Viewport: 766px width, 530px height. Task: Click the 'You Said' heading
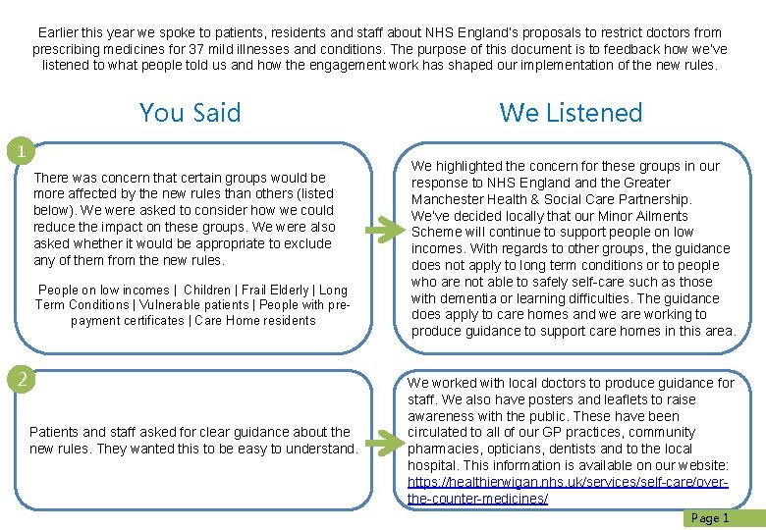pos(190,113)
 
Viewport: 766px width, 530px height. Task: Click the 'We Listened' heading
pos(571,113)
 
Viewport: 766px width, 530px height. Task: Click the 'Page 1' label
pos(711,518)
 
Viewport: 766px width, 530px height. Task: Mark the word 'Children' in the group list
pos(207,290)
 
